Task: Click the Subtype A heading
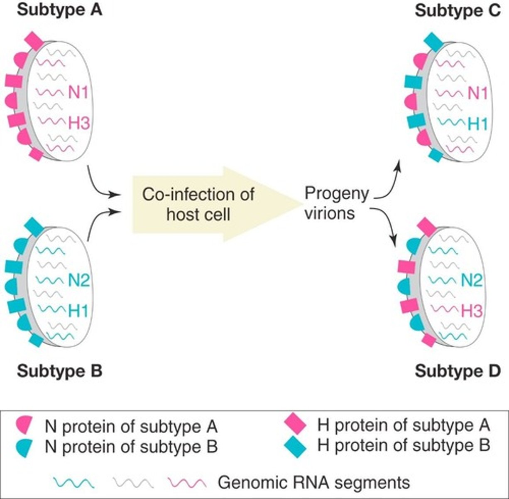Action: coord(59,10)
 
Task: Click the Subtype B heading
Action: coord(59,370)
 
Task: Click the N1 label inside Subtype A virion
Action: coord(78,92)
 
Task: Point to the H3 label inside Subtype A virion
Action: coord(78,123)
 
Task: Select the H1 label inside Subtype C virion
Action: coord(477,124)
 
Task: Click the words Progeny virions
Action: coord(336,203)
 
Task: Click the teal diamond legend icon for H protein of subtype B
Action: coord(296,446)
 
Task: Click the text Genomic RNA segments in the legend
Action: coord(314,483)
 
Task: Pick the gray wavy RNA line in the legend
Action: coord(132,483)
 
